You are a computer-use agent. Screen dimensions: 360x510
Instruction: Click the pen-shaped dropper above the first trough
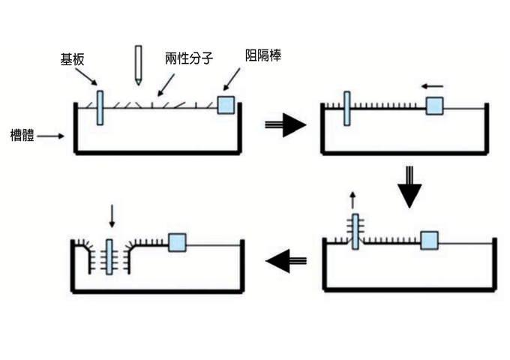pyautogui.click(x=138, y=64)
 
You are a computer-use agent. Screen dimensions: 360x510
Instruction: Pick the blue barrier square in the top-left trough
pyautogui.click(x=226, y=105)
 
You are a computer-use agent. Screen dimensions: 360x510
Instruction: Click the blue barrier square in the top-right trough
pyautogui.click(x=434, y=106)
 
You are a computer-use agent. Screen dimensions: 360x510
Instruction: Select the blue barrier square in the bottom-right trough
pyautogui.click(x=429, y=240)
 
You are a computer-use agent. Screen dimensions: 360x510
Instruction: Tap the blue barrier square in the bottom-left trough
pyautogui.click(x=177, y=242)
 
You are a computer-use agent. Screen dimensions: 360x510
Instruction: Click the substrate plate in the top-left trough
pyautogui.click(x=100, y=106)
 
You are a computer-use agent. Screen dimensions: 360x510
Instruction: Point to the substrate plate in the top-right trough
pyautogui.click(x=346, y=107)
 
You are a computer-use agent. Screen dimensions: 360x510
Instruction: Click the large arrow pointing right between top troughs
pyautogui.click(x=286, y=125)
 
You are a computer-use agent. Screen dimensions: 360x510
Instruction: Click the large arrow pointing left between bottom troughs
pyautogui.click(x=286, y=261)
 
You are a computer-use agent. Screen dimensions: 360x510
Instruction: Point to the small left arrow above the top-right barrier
pyautogui.click(x=433, y=86)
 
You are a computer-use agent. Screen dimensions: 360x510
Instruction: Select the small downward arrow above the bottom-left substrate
pyautogui.click(x=112, y=217)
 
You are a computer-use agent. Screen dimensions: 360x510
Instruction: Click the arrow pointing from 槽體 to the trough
pyautogui.click(x=52, y=136)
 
